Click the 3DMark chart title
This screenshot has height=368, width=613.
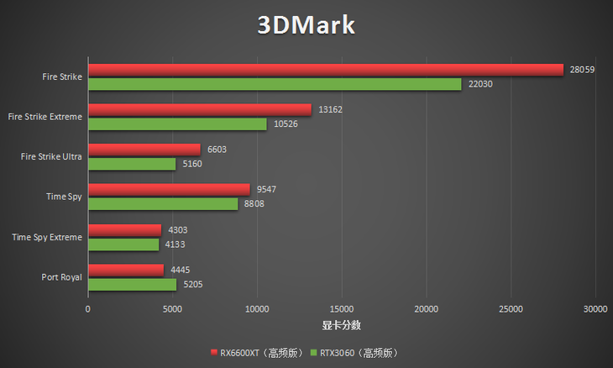[x=306, y=25]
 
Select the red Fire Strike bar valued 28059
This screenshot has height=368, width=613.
[x=326, y=70]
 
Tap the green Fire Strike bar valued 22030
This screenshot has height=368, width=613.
[x=275, y=84]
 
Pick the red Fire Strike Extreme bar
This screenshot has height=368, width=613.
[x=200, y=109]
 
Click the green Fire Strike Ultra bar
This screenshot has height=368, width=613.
[x=132, y=164]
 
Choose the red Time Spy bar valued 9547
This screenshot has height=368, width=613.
[x=169, y=190]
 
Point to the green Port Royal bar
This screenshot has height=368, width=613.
[x=132, y=284]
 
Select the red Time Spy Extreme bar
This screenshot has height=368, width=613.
[x=124, y=229]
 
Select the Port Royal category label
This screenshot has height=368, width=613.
[x=61, y=276]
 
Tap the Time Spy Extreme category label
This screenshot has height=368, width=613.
[x=47, y=237]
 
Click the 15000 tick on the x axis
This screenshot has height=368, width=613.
[x=342, y=309]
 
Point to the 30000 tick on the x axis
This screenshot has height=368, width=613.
[x=595, y=309]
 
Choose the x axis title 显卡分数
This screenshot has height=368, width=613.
[x=342, y=325]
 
